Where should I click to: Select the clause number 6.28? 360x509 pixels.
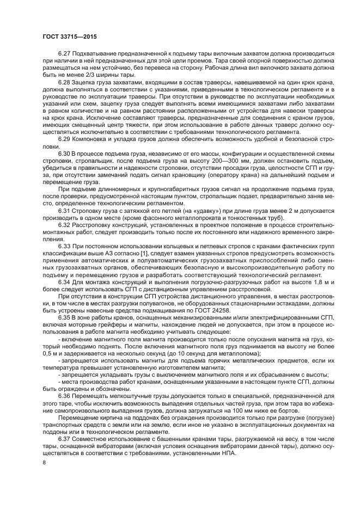point(64,82)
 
